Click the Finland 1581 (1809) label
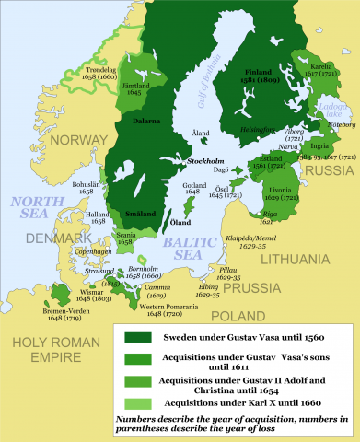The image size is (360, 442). [264, 76]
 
